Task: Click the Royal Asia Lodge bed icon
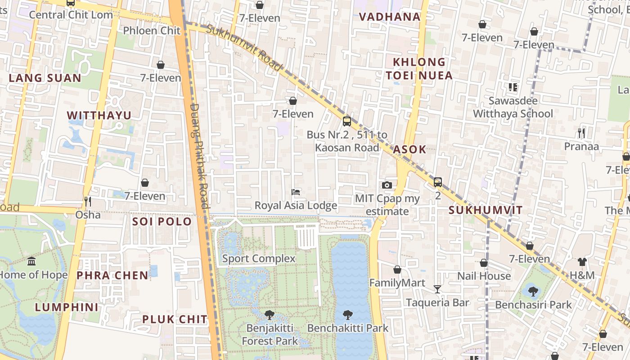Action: [296, 192]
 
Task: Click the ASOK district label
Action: [409, 150]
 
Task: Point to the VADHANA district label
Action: [390, 17]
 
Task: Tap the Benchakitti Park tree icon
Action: [347, 315]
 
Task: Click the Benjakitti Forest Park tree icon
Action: [270, 315]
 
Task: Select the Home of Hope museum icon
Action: [31, 261]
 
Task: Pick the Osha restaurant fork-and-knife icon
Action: [88, 201]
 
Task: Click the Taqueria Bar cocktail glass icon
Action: [437, 289]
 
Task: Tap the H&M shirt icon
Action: [582, 262]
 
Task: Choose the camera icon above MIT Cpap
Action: [387, 185]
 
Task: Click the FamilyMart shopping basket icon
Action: [397, 270]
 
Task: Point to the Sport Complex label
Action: [259, 259]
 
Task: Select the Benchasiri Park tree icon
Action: [533, 291]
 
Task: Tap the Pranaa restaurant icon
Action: [581, 133]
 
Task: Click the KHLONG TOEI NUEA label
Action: [419, 68]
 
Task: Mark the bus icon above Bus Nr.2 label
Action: [346, 121]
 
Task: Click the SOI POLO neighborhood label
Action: [162, 221]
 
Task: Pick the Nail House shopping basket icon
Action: [484, 263]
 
